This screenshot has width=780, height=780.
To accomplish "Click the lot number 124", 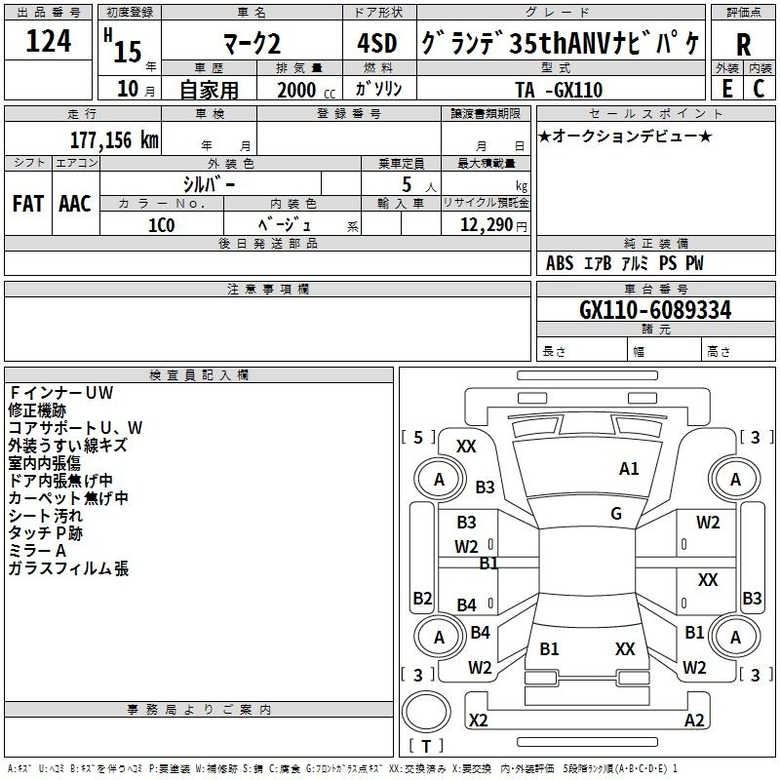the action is (49, 41).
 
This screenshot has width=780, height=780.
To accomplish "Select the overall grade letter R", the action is (743, 44).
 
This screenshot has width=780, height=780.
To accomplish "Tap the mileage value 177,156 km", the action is (114, 140).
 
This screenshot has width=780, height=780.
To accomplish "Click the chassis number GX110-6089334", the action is (655, 310).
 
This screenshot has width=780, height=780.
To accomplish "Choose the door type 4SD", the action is (377, 43).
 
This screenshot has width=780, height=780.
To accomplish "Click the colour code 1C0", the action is (162, 225).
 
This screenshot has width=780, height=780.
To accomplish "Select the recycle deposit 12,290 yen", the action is (493, 225).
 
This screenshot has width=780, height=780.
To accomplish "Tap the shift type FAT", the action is (28, 204).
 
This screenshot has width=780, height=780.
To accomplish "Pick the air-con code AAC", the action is (75, 204).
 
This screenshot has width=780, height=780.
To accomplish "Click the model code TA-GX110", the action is (559, 90).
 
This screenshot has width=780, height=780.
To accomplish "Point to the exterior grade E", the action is (726, 89).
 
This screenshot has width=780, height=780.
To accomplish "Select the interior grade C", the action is (759, 89).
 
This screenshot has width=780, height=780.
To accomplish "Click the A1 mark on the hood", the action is (629, 469).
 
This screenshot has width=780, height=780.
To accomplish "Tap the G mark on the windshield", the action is (616, 513).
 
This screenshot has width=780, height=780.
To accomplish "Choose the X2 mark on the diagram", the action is (479, 720).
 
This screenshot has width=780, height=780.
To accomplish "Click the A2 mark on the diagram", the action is (694, 720).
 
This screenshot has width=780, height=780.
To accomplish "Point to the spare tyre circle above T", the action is (426, 712).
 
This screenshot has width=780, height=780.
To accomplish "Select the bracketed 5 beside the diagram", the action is (418, 437).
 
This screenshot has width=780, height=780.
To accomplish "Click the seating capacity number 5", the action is (407, 184).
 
